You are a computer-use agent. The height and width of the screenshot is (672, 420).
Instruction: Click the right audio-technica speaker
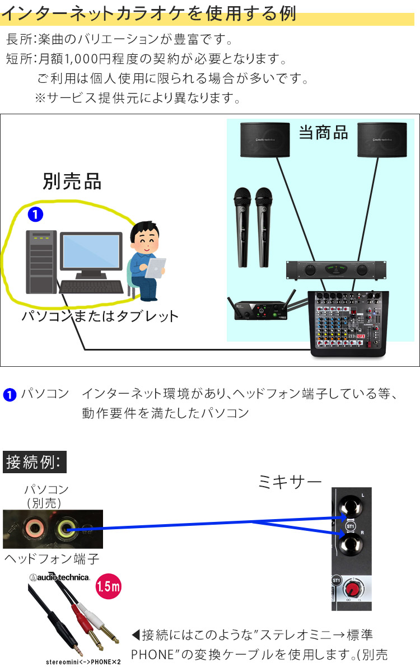click(379, 139)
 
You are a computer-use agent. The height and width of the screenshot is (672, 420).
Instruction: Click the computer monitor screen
click(91, 251)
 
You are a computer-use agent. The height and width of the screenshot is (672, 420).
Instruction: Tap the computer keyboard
click(92, 287)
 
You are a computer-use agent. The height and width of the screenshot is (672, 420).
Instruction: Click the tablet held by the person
click(156, 268)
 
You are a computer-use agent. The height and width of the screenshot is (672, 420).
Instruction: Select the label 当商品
click(323, 133)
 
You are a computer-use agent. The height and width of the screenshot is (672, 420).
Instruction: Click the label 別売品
click(72, 181)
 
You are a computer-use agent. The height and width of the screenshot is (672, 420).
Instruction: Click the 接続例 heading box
click(35, 463)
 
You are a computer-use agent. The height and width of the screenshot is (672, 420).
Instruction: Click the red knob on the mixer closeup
click(353, 589)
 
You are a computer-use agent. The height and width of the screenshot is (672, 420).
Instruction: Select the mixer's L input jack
click(352, 506)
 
